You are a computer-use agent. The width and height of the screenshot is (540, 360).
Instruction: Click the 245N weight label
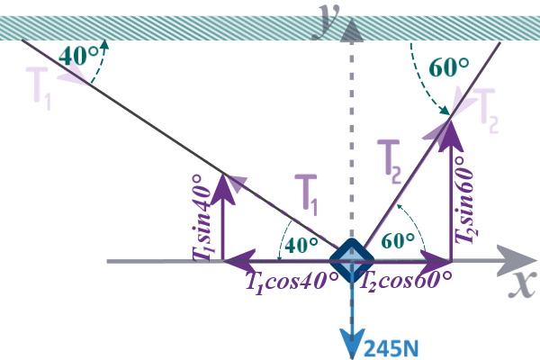pyautogui.click(x=390, y=344)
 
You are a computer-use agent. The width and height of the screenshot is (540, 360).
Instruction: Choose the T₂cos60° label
pyautogui.click(x=406, y=280)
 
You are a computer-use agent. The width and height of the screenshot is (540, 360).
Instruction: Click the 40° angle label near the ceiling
pyautogui.click(x=78, y=55)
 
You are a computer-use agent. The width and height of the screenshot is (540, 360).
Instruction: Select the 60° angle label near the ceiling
pyautogui.click(x=449, y=68)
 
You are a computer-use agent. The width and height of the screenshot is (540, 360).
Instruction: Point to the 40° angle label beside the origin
pyautogui.click(x=301, y=243)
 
